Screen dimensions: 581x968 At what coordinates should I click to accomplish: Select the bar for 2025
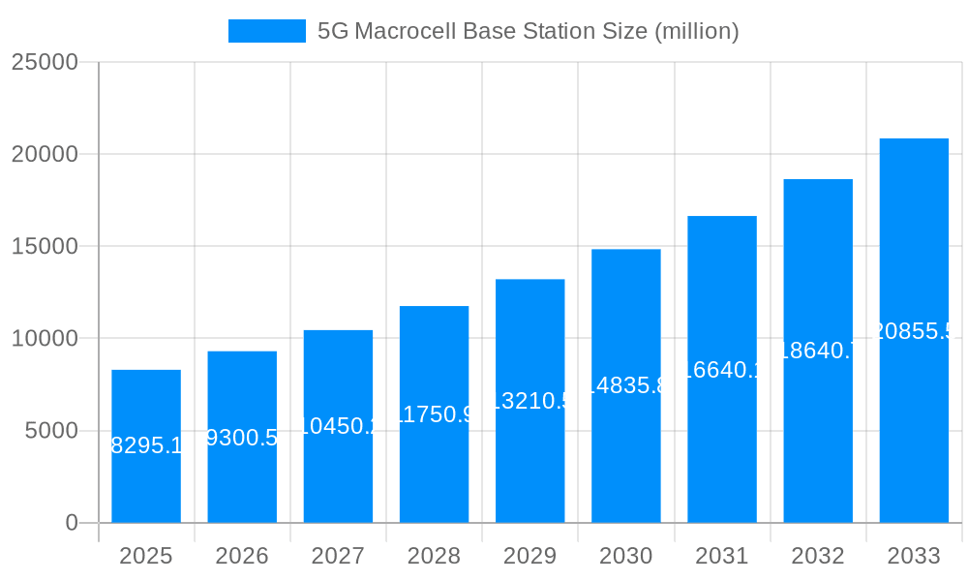tap(146, 446)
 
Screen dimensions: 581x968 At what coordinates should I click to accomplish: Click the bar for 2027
tap(338, 426)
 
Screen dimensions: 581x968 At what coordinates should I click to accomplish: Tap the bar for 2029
tap(529, 401)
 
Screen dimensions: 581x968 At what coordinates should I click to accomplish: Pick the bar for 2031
tap(722, 369)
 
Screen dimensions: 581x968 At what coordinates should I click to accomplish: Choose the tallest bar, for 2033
tap(914, 330)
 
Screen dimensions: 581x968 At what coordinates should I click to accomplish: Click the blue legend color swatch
tap(266, 31)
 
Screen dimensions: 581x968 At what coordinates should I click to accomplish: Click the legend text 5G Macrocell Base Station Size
tap(528, 31)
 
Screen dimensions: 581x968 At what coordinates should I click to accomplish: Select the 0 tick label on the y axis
tap(72, 523)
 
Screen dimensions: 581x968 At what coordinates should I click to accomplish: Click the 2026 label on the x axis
tap(242, 556)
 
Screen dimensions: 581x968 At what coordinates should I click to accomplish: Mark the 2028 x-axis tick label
tap(434, 556)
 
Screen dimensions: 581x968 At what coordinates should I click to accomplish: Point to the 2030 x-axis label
tap(625, 556)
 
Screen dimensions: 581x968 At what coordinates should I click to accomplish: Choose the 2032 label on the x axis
tap(818, 556)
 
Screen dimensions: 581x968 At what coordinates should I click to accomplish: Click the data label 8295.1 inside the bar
tap(146, 446)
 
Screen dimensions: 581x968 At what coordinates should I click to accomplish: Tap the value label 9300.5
tap(242, 438)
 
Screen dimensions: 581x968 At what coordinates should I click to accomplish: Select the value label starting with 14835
tap(625, 386)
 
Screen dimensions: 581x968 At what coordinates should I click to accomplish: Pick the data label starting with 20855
tap(914, 331)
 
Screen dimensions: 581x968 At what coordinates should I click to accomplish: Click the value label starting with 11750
tap(434, 414)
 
